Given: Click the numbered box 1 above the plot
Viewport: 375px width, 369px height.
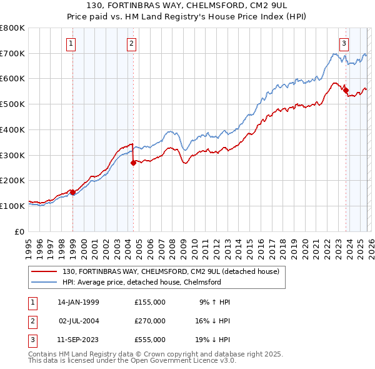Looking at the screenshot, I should click(x=71, y=44).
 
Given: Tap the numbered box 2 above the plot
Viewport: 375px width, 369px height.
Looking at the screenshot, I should click(x=132, y=44).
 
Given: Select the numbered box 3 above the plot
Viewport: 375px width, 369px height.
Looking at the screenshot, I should click(x=344, y=44).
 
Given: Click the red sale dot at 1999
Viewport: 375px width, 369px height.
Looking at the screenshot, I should click(x=72, y=192).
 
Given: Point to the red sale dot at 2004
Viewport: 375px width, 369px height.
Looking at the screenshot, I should click(x=133, y=163).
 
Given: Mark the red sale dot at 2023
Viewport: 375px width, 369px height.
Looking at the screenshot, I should click(x=346, y=90).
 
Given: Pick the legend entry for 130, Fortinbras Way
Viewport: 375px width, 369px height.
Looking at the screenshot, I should click(x=174, y=271).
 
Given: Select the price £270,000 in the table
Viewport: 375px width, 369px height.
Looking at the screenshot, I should click(x=150, y=321).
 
